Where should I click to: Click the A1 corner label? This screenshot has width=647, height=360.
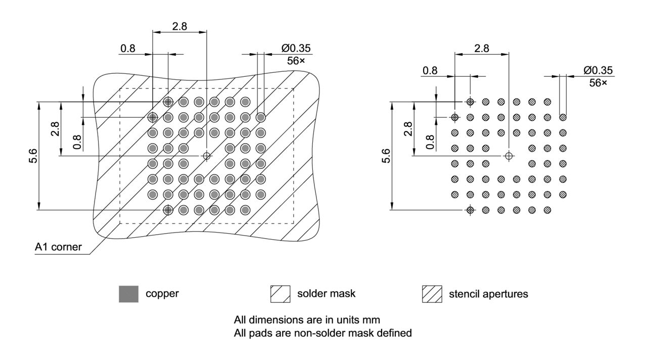pyautogui.click(x=58, y=248)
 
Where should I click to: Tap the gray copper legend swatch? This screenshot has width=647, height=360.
pyautogui.click(x=128, y=294)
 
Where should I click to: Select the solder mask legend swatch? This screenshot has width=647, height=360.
pyautogui.click(x=280, y=294)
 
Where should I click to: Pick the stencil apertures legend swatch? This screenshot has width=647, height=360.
pyautogui.click(x=432, y=294)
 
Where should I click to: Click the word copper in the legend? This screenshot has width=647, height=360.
pyautogui.click(x=162, y=294)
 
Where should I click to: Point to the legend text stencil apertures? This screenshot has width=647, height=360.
pyautogui.click(x=488, y=294)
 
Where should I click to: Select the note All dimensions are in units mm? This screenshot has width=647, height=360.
pyautogui.click(x=307, y=320)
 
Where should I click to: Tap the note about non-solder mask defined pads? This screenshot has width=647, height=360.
pyautogui.click(x=323, y=333)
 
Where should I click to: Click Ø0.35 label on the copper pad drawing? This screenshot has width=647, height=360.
pyautogui.click(x=296, y=49)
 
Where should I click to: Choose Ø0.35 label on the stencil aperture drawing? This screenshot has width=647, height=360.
pyautogui.click(x=598, y=71)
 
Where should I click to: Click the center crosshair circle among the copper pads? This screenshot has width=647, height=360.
pyautogui.click(x=206, y=156)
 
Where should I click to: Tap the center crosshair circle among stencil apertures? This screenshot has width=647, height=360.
pyautogui.click(x=509, y=156)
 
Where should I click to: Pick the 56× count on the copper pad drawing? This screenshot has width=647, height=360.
pyautogui.click(x=296, y=61)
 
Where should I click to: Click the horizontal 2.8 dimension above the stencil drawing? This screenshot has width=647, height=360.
pyautogui.click(x=482, y=49)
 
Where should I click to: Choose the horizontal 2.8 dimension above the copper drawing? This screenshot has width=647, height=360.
pyautogui.click(x=179, y=26)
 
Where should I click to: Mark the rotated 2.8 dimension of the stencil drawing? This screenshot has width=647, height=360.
pyautogui.click(x=408, y=128)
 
